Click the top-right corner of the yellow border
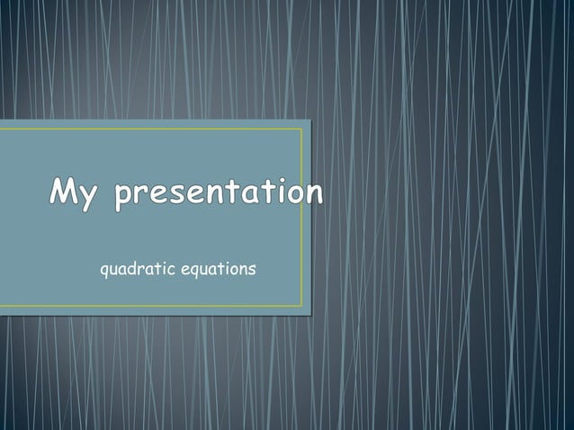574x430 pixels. [x=301, y=129]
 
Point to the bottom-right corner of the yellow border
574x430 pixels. [x=301, y=306]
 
